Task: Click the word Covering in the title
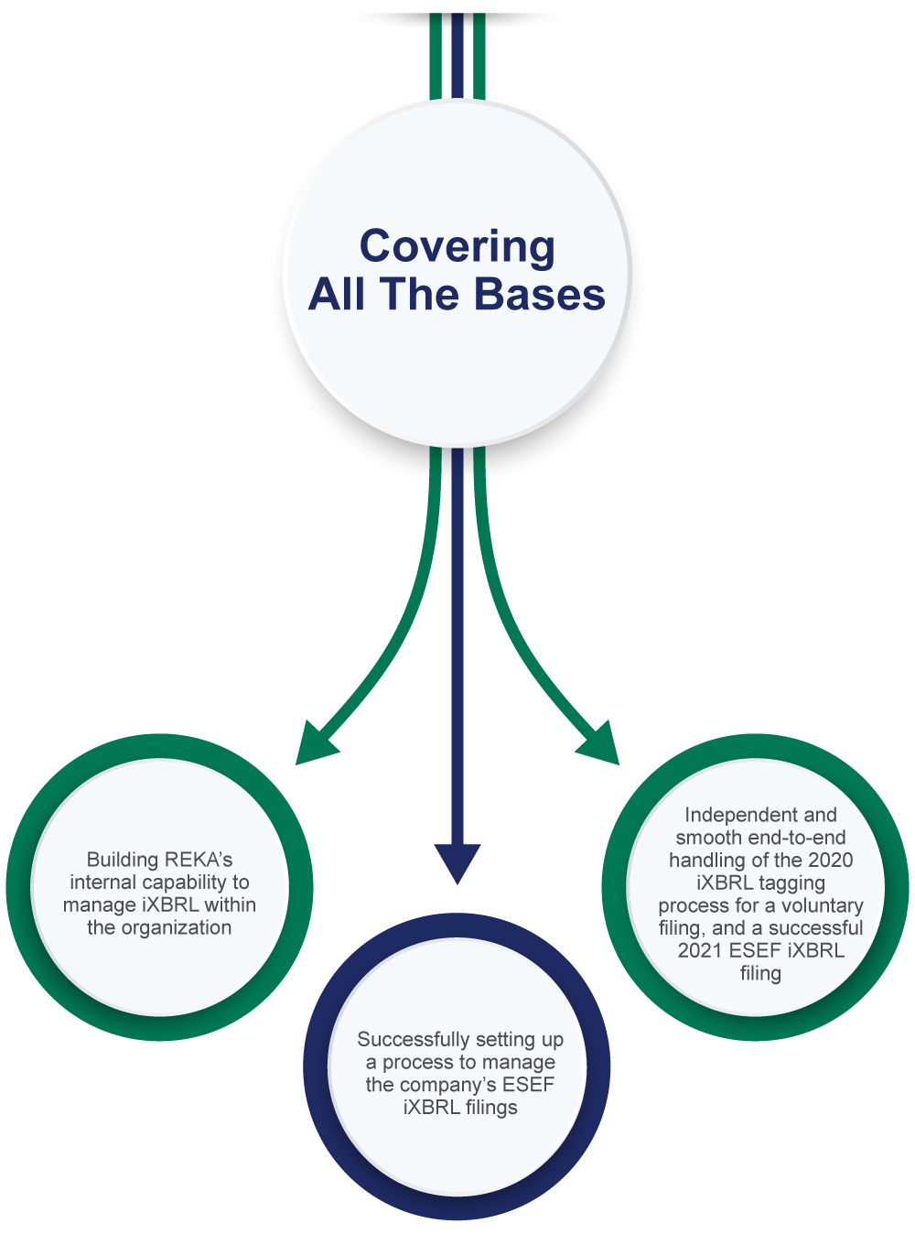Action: pos(457,247)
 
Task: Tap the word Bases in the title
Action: pos(540,295)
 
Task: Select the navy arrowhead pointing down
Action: pos(457,863)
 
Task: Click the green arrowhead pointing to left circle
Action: pos(314,745)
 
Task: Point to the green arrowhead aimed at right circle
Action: pos(599,745)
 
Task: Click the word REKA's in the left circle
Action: pos(198,860)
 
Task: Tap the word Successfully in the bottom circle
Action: pos(414,1039)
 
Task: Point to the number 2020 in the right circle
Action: pos(830,860)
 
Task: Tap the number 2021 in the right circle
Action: pos(700,950)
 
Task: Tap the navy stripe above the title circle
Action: pos(457,56)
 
